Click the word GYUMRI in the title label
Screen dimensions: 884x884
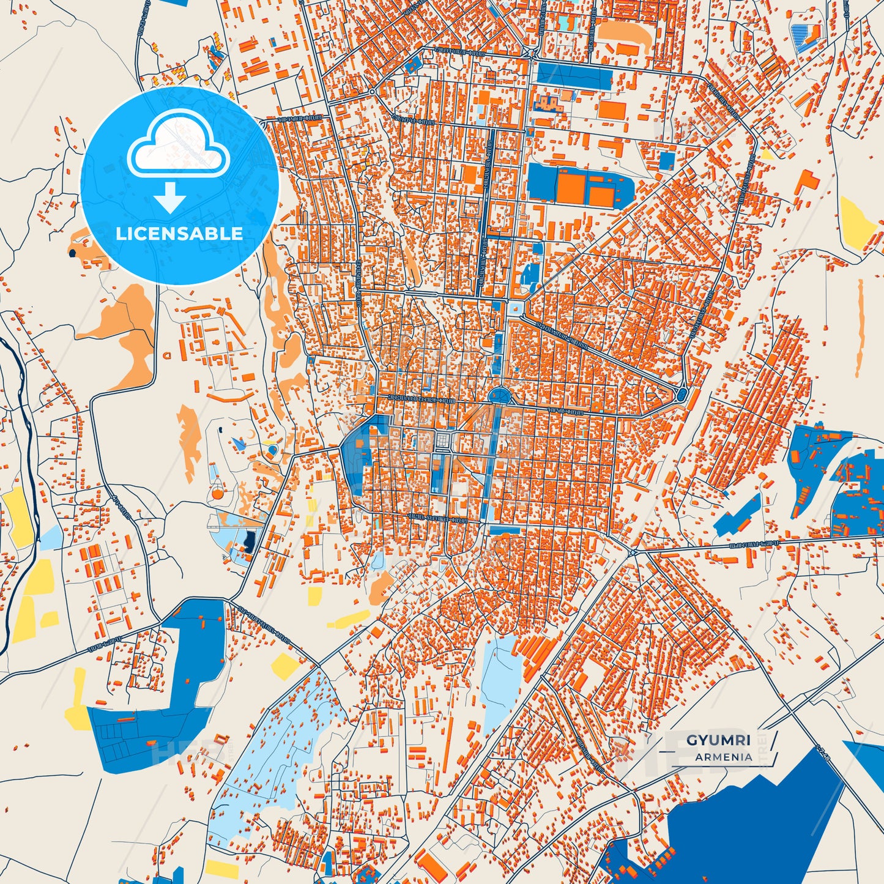(x=718, y=740)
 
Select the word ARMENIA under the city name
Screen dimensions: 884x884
(x=723, y=757)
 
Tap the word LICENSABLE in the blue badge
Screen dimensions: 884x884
(x=179, y=233)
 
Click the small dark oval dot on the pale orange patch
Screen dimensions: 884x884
(x=73, y=251)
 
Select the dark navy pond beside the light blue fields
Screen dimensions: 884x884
(x=250, y=541)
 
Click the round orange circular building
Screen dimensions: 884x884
(x=217, y=492)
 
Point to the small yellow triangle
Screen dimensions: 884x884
(x=767, y=154)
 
